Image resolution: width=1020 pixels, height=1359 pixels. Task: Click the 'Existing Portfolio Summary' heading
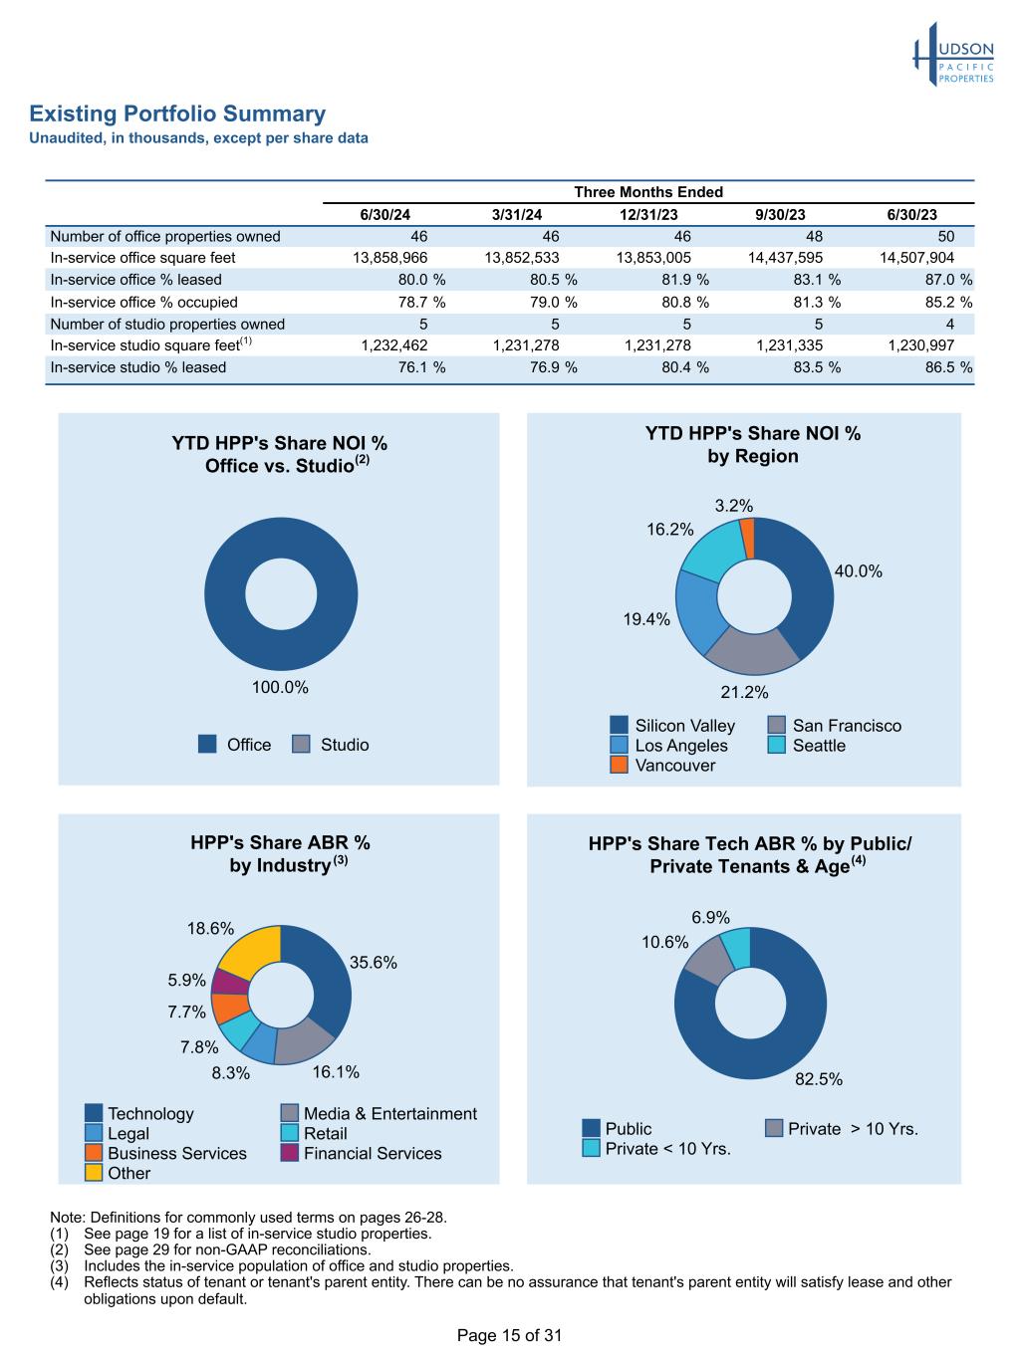pyautogui.click(x=177, y=113)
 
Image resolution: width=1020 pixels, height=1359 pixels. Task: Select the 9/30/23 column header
pyautogui.click(x=781, y=215)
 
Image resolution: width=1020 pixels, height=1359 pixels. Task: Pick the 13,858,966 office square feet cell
pyautogui.click(x=390, y=258)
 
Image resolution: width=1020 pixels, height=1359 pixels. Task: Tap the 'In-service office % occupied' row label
pyautogui.click(x=144, y=302)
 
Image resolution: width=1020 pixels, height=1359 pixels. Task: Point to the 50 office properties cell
pyautogui.click(x=945, y=236)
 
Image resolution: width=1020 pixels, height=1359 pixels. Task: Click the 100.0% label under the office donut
pyautogui.click(x=280, y=687)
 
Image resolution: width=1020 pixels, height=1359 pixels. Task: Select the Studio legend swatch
pyautogui.click(x=302, y=745)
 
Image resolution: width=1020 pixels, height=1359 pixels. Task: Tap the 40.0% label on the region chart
pyautogui.click(x=858, y=571)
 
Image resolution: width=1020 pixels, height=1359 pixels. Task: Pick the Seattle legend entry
pyautogui.click(x=808, y=746)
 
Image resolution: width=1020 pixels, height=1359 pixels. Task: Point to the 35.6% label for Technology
pyautogui.click(x=374, y=963)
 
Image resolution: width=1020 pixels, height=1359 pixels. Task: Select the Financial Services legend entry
pyautogui.click(x=362, y=1153)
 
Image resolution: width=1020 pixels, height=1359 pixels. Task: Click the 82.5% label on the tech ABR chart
pyautogui.click(x=819, y=1079)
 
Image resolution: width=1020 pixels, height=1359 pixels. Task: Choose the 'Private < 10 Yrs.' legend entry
pyautogui.click(x=656, y=1149)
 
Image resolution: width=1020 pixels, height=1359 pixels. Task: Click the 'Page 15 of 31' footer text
pyautogui.click(x=509, y=1335)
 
